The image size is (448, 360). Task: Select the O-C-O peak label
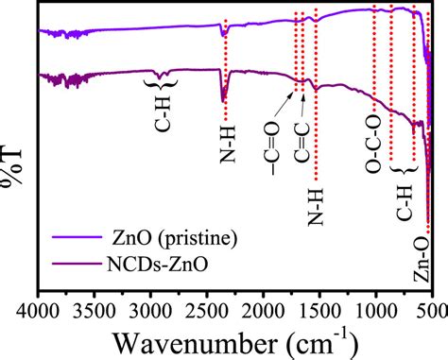pos(373,151)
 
